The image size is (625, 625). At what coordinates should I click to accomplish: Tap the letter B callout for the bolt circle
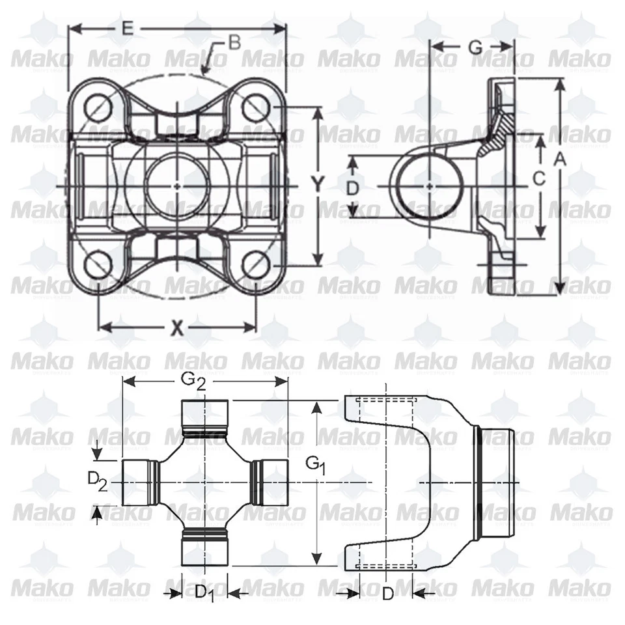tap(234, 43)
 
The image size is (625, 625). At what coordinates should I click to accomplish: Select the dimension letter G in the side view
tap(475, 47)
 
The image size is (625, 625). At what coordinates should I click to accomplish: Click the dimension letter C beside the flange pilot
tap(538, 177)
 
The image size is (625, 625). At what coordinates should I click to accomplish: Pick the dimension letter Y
tap(317, 186)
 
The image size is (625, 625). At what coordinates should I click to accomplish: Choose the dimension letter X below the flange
tap(176, 327)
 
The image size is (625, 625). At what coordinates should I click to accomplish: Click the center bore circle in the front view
tap(178, 185)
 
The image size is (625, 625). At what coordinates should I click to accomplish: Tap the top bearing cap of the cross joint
tap(204, 415)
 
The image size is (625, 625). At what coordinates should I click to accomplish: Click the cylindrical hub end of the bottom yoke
tap(498, 482)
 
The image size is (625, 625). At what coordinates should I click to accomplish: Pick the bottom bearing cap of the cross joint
tap(204, 548)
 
